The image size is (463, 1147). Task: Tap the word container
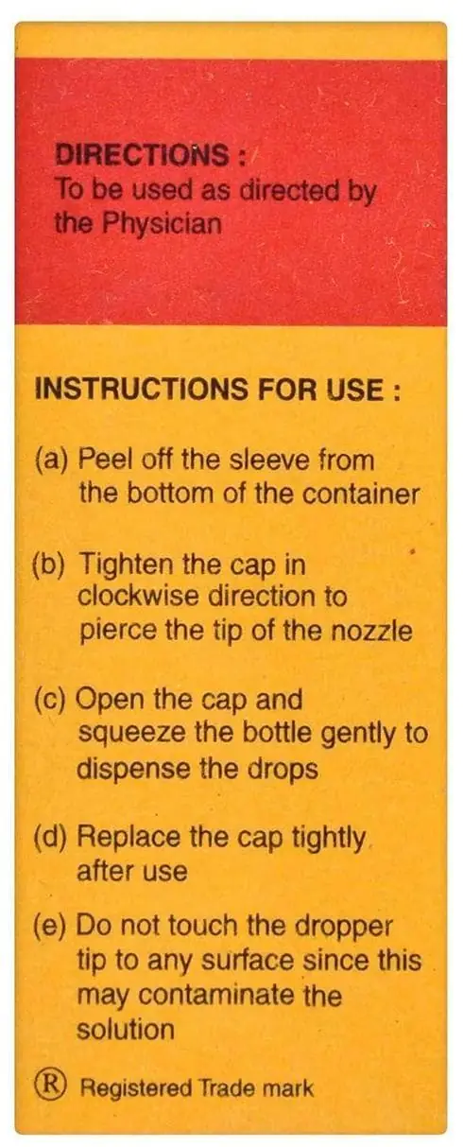click(x=361, y=495)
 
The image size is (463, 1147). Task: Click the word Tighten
click(x=130, y=565)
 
